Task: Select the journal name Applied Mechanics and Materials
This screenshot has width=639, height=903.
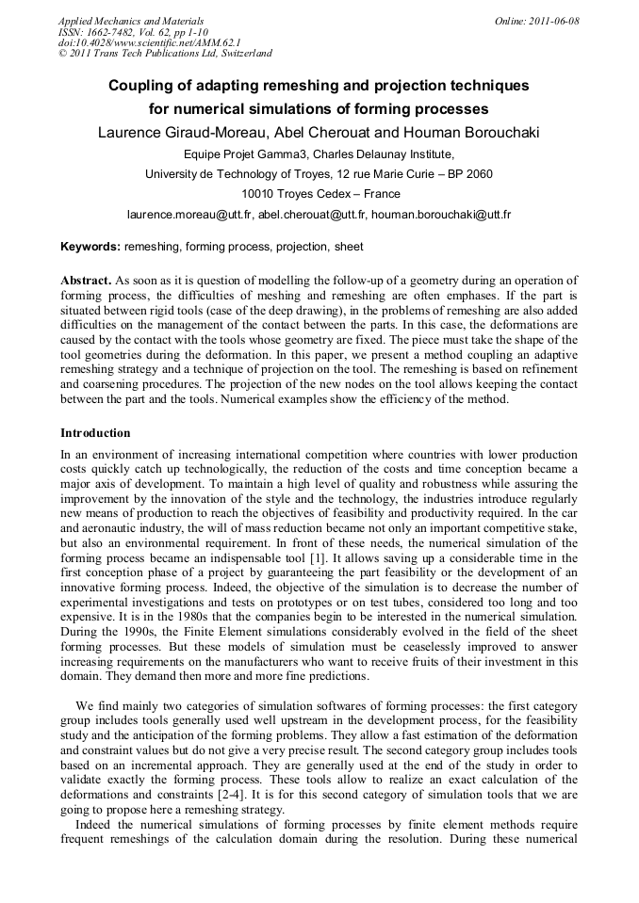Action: (131, 21)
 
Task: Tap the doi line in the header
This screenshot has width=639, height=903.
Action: (150, 43)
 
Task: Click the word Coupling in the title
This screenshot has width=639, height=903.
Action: (139, 86)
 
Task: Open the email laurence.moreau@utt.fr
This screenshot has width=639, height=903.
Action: (189, 215)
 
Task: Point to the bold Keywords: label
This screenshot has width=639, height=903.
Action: (90, 247)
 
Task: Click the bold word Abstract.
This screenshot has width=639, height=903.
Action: (85, 281)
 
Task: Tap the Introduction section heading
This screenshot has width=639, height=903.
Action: (95, 433)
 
